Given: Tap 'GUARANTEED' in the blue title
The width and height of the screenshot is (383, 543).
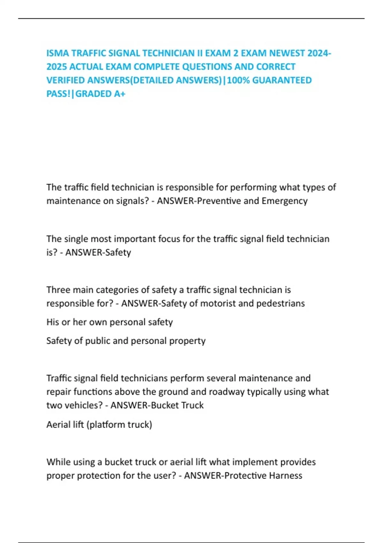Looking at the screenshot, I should click(282, 80).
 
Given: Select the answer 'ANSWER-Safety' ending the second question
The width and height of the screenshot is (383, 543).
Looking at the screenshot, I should click(98, 252).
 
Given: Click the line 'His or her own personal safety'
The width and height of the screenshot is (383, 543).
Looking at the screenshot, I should click(109, 322).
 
